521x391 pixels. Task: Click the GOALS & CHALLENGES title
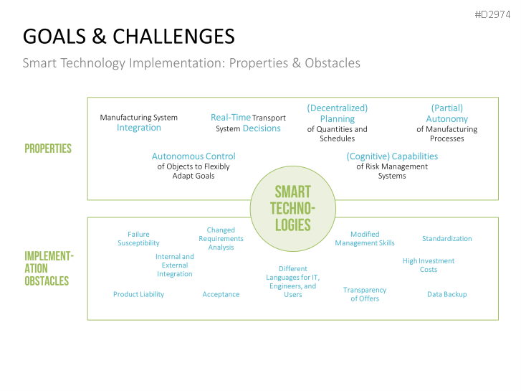tap(128, 36)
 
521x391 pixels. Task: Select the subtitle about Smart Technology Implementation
tap(191, 62)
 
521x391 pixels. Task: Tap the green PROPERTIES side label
tap(48, 149)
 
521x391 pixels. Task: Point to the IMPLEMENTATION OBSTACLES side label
tap(49, 268)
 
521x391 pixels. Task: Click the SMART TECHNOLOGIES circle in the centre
tap(292, 209)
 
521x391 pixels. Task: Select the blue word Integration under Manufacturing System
tap(139, 128)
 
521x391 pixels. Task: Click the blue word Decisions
tap(262, 128)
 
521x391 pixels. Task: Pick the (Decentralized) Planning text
tap(337, 113)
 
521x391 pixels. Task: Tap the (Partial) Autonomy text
tap(446, 113)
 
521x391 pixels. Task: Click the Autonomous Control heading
tap(193, 156)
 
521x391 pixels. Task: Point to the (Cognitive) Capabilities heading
tap(392, 156)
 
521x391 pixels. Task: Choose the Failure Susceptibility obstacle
tap(138, 239)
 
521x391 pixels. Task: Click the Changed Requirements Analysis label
tap(221, 239)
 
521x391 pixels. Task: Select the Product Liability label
tap(138, 294)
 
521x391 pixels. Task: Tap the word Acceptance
tap(221, 294)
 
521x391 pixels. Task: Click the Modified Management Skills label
tap(365, 239)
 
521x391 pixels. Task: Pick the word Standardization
tap(446, 238)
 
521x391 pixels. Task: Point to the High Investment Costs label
tap(429, 265)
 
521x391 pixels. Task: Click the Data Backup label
tap(446, 294)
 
